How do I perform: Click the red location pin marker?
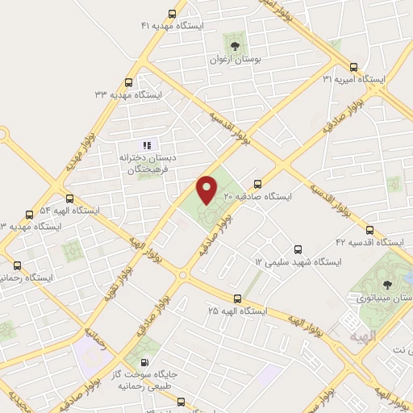click(207, 189)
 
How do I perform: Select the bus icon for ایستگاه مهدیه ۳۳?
click(129, 82)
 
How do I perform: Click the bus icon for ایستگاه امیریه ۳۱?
click(353, 67)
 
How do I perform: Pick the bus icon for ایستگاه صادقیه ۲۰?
click(257, 183)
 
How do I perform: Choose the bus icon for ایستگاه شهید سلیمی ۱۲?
click(298, 249)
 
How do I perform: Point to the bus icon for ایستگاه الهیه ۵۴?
click(69, 198)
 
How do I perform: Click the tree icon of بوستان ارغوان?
click(235, 45)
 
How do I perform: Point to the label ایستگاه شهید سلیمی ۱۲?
click(298, 263)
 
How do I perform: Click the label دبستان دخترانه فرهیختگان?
click(147, 162)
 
